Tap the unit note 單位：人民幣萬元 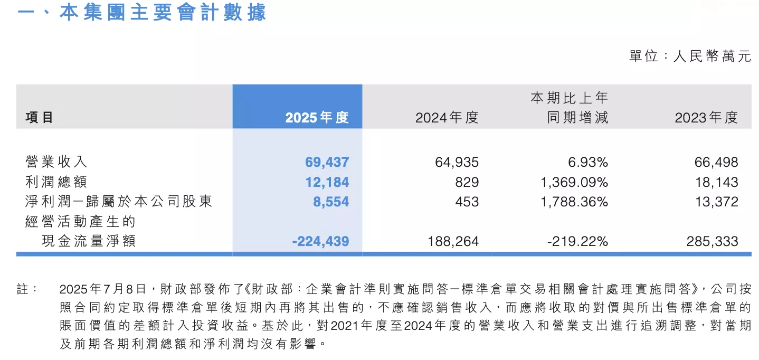coord(689,56)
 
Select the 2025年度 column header coord(317,117)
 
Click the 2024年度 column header coord(447,117)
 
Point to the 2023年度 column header coord(706,117)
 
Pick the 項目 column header coord(40,117)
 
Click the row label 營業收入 coord(56,162)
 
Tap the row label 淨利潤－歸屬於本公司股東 coord(119,202)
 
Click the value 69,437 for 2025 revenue coord(327,162)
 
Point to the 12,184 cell coord(327,182)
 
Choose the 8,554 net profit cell coord(331,202)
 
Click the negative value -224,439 coord(320,241)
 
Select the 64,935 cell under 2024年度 coord(457,162)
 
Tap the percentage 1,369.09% coord(574,182)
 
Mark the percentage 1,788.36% coord(574,202)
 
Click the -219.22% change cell coord(579,241)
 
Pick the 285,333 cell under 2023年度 coord(712,241)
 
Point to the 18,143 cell coord(716,182)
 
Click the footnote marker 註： coord(27,289)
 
